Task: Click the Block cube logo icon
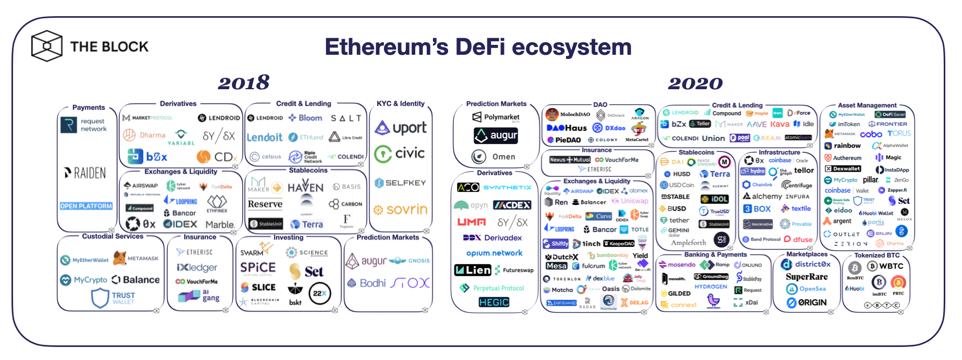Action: pos(47,46)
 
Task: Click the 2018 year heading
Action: pos(244,82)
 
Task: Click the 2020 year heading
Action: pos(695,83)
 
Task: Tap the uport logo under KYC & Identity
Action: pos(401,127)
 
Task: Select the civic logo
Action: pos(400,153)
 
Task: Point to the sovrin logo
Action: pos(400,210)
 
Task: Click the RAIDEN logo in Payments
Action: pos(85,173)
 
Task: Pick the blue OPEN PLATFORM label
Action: pos(86,206)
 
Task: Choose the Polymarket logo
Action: pos(496,117)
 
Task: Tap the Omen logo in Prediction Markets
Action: pos(494,157)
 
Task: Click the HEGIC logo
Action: pos(494,302)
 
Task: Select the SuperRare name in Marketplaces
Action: pos(807,277)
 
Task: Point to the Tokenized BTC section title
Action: pos(876,255)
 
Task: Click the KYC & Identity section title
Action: pos(400,104)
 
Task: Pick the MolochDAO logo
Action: pos(568,114)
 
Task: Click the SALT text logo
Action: pos(346,118)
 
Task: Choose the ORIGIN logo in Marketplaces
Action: pos(807,303)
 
